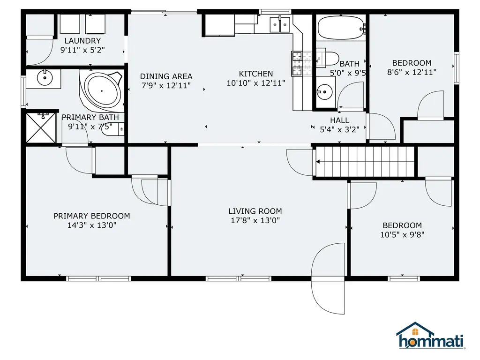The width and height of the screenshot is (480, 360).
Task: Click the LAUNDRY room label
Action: (x=82, y=41)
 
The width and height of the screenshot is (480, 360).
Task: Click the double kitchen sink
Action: (x=279, y=24)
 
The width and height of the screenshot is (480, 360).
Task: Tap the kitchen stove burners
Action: (x=302, y=64)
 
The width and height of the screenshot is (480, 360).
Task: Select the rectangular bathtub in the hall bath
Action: (x=341, y=28)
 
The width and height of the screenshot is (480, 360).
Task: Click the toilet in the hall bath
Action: (x=329, y=58)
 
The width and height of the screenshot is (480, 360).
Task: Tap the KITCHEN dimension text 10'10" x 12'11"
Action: (x=256, y=83)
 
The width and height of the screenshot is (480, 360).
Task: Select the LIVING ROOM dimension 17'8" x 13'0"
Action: (x=255, y=220)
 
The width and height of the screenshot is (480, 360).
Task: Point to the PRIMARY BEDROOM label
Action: (x=92, y=216)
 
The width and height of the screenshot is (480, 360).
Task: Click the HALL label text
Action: (x=339, y=120)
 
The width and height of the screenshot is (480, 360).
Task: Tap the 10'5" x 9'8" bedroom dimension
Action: (x=402, y=234)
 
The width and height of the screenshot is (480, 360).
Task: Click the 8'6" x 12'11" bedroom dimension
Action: (x=412, y=72)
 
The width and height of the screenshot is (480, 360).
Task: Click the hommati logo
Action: (x=430, y=337)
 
